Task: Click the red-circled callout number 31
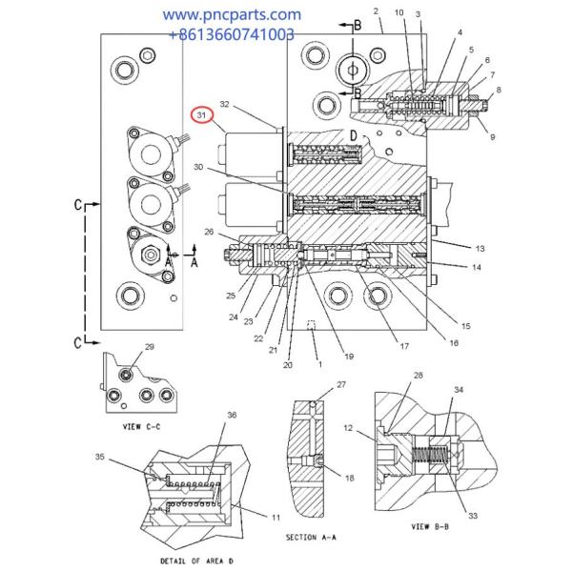[x=201, y=115]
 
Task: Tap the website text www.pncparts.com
[x=232, y=15]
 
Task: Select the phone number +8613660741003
[x=232, y=34]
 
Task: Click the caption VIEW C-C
[x=141, y=426]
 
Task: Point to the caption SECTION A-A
[x=311, y=537]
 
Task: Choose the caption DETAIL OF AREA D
[x=196, y=561]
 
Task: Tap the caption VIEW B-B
[x=430, y=526]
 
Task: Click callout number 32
[x=224, y=104]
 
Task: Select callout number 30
[x=198, y=167]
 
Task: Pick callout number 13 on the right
[x=480, y=249]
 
